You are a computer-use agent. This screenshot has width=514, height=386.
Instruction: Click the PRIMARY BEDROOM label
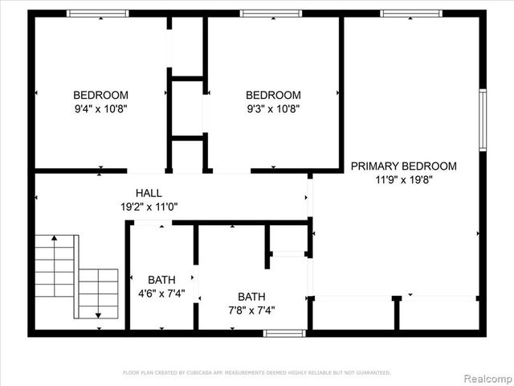(x=403, y=166)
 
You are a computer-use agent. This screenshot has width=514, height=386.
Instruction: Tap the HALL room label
(x=149, y=193)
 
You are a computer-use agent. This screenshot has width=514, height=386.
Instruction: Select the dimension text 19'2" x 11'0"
(x=149, y=207)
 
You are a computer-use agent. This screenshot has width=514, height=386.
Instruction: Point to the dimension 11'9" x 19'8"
(x=403, y=180)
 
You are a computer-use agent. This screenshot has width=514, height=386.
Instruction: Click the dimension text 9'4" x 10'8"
(x=100, y=108)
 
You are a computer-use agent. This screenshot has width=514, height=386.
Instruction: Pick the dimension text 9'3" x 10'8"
(x=273, y=108)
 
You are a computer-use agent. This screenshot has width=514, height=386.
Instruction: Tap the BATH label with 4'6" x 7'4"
(x=161, y=280)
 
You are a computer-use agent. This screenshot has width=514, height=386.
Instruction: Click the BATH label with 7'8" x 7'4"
(x=251, y=296)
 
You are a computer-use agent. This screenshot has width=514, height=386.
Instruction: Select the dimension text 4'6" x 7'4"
(x=161, y=294)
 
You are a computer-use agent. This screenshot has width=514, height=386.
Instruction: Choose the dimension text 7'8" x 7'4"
(x=251, y=310)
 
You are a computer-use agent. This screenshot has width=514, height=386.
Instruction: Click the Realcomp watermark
(x=485, y=377)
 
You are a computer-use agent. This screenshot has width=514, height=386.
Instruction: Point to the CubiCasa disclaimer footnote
(x=256, y=373)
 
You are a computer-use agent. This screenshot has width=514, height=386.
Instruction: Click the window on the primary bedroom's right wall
(x=483, y=120)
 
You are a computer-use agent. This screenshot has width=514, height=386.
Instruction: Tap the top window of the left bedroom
(x=97, y=14)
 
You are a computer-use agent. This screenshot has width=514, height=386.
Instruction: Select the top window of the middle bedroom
(x=271, y=14)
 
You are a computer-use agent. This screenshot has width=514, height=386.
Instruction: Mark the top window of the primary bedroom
(x=410, y=14)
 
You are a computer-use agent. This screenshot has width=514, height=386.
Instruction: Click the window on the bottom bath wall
(x=284, y=333)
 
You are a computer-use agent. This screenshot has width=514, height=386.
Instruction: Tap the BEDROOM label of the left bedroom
(x=100, y=94)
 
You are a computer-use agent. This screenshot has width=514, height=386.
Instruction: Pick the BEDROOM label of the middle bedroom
(x=273, y=94)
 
